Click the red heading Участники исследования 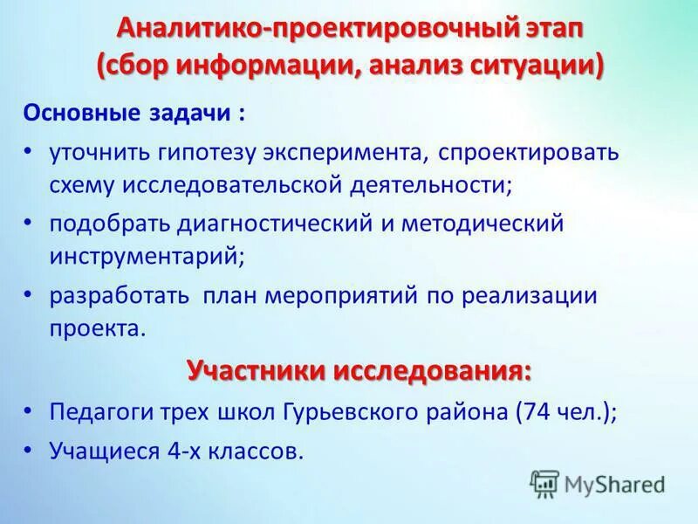click(x=358, y=369)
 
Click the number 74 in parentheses click(x=538, y=411)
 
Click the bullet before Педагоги click(x=30, y=410)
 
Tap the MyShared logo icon click(x=545, y=482)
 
